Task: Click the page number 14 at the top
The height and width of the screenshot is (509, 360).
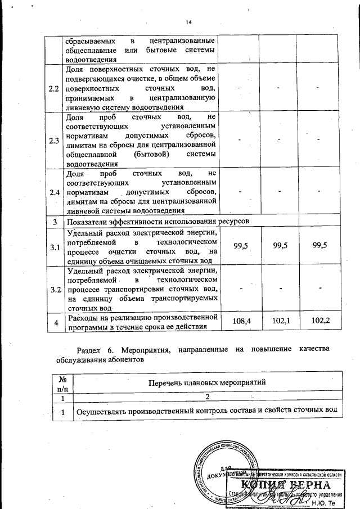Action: [x=188, y=22]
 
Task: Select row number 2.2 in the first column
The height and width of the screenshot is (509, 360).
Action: [x=55, y=89]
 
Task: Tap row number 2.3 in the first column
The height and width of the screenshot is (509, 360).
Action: [x=55, y=140]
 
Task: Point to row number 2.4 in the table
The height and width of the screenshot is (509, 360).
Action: [x=55, y=192]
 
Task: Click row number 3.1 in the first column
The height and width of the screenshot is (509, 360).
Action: [x=55, y=246]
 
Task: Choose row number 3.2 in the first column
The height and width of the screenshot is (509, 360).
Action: [x=55, y=290]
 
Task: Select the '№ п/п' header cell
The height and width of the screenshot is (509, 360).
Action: [x=62, y=382]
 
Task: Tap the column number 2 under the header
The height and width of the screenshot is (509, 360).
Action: [x=206, y=398]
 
